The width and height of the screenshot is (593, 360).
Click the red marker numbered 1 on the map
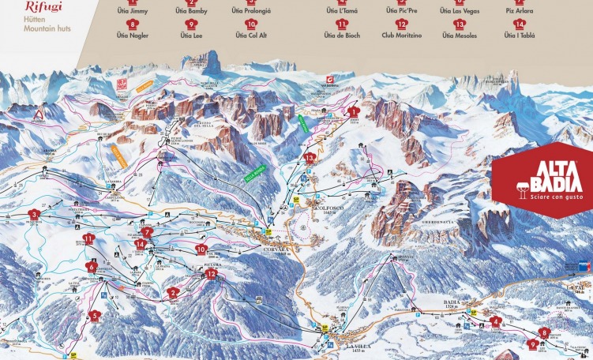[x=354, y=113]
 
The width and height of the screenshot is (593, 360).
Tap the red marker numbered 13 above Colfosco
[x=310, y=158]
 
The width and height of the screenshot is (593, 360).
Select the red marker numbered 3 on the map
[x=34, y=215]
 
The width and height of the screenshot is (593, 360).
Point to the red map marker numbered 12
[x=211, y=274]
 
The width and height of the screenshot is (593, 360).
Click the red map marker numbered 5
[x=96, y=316]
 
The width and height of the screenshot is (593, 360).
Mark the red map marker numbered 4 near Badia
[x=496, y=321]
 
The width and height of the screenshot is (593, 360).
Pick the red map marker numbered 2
[x=173, y=291]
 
